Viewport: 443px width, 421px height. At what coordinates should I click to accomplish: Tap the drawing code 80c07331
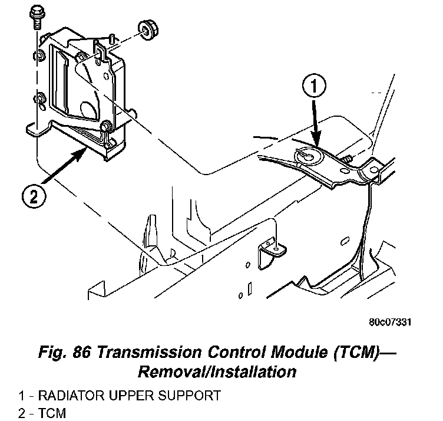click(x=389, y=323)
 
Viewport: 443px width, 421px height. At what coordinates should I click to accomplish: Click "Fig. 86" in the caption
click(x=66, y=353)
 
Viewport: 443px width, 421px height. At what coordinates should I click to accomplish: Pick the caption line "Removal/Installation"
click(x=216, y=371)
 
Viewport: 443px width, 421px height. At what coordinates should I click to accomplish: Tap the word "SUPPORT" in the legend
click(x=191, y=396)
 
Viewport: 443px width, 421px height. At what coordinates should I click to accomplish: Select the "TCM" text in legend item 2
click(x=51, y=413)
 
